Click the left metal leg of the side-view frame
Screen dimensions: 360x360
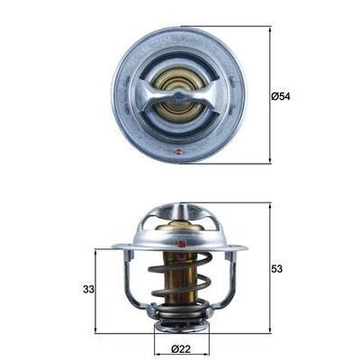tap(130, 283)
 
